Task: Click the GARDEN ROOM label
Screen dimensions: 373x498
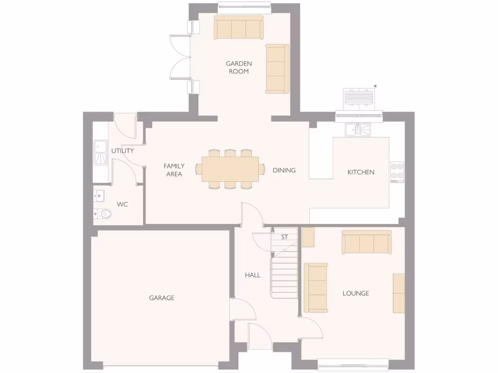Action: coord(238,68)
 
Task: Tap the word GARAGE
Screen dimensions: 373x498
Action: coord(161,298)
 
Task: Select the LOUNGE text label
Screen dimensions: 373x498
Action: coord(356,293)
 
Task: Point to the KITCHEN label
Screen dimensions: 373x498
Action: coord(360,172)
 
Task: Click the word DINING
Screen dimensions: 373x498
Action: coord(284,170)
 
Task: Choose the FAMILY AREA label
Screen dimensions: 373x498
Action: coord(174,170)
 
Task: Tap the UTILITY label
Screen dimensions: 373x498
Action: coord(123,151)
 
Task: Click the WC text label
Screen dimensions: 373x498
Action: coord(123,204)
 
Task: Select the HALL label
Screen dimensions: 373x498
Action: coord(252,275)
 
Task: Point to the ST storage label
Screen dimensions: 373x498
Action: coord(285,237)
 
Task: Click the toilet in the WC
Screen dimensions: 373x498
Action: coord(103,213)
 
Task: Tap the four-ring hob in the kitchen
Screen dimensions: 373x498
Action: coord(397,171)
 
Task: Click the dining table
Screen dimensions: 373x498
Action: coord(230,169)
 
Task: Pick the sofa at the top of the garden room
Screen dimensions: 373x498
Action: coord(239,28)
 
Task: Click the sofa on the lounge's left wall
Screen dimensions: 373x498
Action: coord(316,288)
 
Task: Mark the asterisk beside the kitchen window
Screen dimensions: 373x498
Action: coord(375,86)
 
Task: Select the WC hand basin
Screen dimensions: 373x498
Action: coord(99,195)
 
